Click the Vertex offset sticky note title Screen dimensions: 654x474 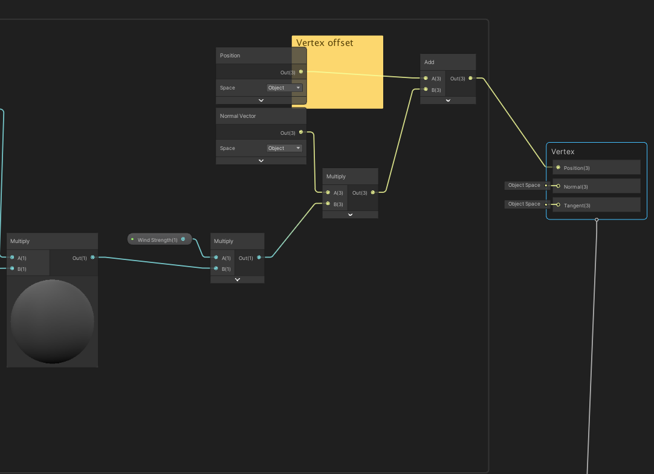325,43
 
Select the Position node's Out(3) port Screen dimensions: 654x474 301,72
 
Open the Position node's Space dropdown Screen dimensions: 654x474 285,88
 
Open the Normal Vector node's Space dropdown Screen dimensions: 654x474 285,148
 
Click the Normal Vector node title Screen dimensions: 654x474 238,116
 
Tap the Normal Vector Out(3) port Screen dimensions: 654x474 301,132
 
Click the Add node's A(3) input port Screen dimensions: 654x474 426,78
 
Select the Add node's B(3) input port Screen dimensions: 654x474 426,89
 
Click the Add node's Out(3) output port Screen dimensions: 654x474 470,78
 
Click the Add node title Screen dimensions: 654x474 429,62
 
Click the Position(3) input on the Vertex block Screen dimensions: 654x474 558,167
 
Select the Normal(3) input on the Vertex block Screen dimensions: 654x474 558,186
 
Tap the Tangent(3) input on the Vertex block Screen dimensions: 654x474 558,205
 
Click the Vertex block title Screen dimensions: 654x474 563,152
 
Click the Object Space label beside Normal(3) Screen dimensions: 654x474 524,186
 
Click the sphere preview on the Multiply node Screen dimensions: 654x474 53,321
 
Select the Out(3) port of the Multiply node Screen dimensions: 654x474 372,193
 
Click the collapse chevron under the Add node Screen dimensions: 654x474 448,100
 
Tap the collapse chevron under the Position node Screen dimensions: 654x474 261,100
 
